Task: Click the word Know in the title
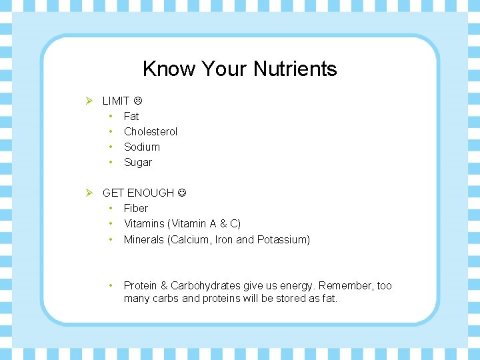click(160, 69)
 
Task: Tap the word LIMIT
click(116, 101)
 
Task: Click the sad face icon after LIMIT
click(138, 101)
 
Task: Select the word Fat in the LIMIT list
click(131, 116)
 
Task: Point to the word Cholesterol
click(151, 131)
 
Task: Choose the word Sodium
click(142, 147)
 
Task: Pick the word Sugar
click(138, 162)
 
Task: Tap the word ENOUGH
click(151, 193)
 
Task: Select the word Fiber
click(136, 208)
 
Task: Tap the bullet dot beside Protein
click(111, 285)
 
